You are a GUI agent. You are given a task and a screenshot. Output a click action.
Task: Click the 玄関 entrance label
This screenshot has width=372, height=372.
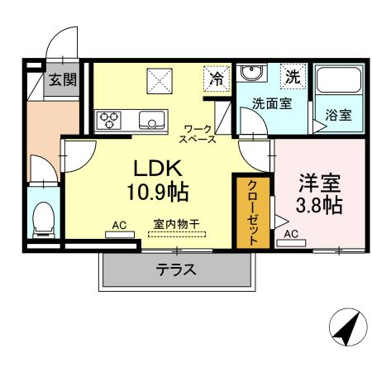tap(61, 80)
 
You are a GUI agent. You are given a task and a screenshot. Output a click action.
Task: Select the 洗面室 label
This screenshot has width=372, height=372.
tap(270, 104)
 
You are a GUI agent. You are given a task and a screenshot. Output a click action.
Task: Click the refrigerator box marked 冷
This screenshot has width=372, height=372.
tap(216, 79)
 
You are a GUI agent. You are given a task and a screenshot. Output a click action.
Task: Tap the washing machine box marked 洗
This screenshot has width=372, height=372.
tap(293, 77)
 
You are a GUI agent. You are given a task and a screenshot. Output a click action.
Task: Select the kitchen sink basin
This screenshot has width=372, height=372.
tap(153, 121)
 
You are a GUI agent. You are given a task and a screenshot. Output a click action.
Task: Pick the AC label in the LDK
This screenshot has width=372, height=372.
tap(119, 225)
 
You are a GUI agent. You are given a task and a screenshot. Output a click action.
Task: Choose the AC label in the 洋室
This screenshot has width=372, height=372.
tap(291, 235)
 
